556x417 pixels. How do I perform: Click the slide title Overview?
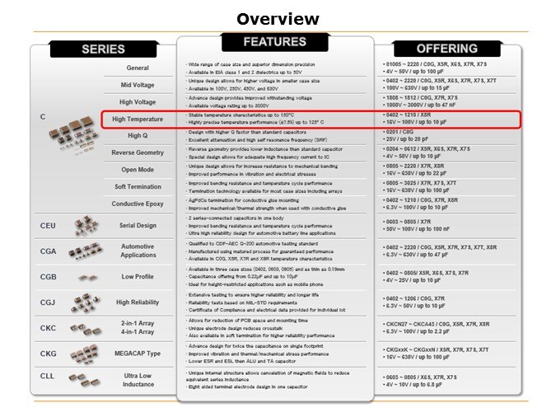(x=278, y=19)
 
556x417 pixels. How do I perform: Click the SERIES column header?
(x=103, y=49)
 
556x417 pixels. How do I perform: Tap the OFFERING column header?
(x=447, y=49)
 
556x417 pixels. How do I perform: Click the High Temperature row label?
(x=138, y=119)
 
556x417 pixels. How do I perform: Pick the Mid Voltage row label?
(x=138, y=85)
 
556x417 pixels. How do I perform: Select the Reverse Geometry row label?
(x=138, y=152)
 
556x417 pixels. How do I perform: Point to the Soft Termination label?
(x=138, y=186)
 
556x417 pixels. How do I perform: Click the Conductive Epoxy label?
(x=138, y=204)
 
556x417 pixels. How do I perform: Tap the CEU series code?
(x=48, y=225)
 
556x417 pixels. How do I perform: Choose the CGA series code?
(x=48, y=251)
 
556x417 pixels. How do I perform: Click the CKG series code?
(x=48, y=354)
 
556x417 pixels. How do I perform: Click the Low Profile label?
(x=138, y=277)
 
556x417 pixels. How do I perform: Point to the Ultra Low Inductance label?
(x=138, y=380)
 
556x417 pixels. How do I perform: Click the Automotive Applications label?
(x=138, y=251)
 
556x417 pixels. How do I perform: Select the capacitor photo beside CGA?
(x=85, y=251)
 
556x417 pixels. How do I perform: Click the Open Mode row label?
(x=138, y=170)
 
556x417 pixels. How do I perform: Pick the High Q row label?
(x=138, y=135)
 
